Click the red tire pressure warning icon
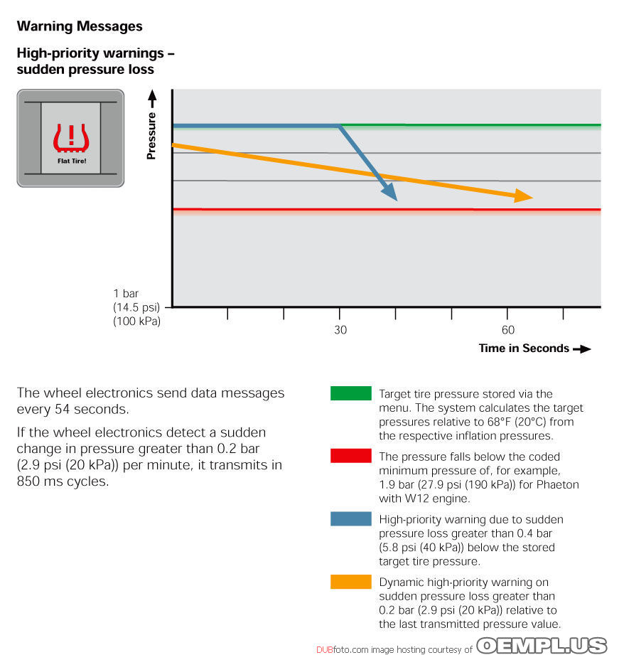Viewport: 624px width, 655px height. (x=71, y=138)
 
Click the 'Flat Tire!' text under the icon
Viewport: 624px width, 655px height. (x=72, y=161)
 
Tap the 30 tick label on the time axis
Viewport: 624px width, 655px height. (x=340, y=330)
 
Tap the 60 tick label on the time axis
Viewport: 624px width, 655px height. (x=508, y=330)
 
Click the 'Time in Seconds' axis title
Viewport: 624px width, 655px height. (x=524, y=348)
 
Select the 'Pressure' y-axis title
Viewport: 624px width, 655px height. (x=151, y=136)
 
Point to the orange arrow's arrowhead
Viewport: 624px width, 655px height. (x=523, y=196)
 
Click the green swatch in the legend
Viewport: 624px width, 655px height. (x=350, y=393)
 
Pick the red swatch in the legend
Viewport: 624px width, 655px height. (x=350, y=455)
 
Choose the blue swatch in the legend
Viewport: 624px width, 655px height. (x=350, y=518)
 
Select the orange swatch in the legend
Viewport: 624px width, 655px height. (x=350, y=582)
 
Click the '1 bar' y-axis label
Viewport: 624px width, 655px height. (x=126, y=293)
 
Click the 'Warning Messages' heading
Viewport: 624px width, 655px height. (x=80, y=26)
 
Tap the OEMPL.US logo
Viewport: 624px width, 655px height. (x=542, y=645)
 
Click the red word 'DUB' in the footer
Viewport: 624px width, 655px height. (x=324, y=649)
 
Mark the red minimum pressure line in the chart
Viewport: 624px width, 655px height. (x=387, y=209)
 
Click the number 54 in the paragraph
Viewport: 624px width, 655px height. (x=63, y=409)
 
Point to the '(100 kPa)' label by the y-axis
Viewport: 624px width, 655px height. (x=137, y=321)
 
